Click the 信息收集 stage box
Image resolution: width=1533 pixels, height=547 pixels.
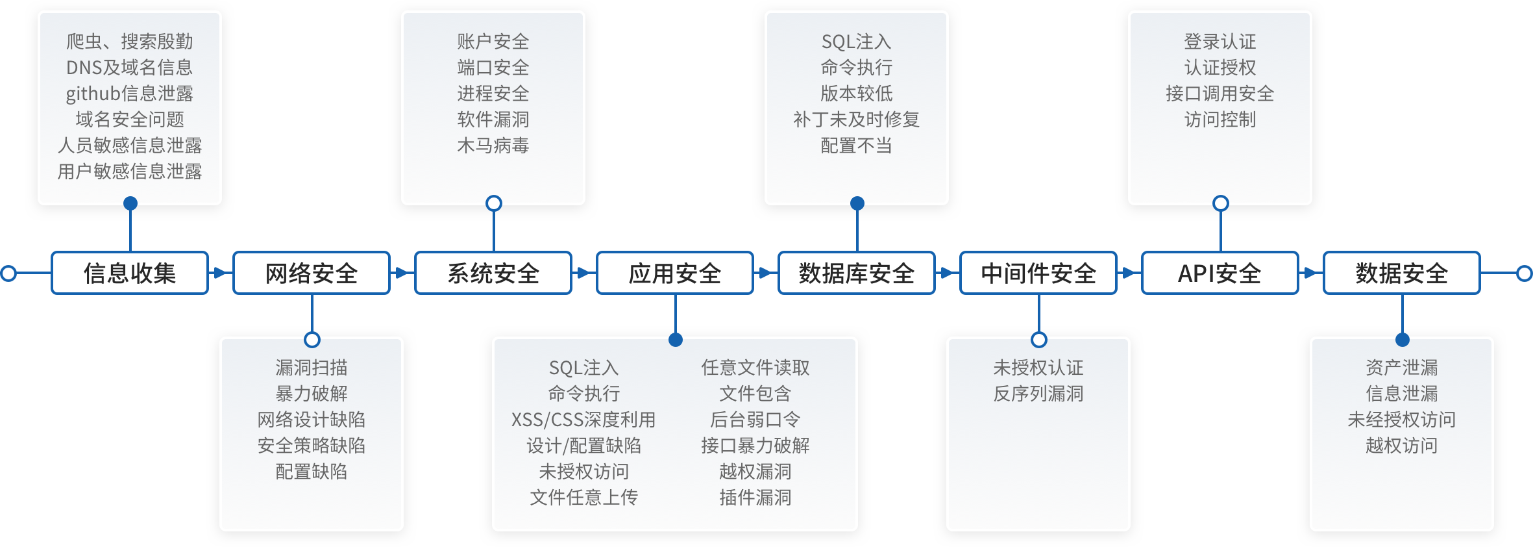[130, 273]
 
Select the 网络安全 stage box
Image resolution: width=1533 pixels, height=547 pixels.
[312, 273]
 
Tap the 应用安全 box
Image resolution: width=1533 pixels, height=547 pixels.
[675, 273]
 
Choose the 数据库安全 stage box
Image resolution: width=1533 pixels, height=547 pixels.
[857, 273]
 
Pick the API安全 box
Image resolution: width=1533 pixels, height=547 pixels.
[1220, 273]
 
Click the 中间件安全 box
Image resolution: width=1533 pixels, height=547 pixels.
[1038, 273]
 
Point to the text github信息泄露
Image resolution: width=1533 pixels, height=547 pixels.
[130, 94]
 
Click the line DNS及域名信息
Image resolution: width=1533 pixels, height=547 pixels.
[130, 68]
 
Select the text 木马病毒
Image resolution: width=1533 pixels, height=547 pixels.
[493, 146]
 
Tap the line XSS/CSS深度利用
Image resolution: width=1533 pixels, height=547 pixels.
[583, 420]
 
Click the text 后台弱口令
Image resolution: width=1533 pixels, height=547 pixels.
[755, 420]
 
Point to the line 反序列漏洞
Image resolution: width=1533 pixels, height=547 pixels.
[1038, 394]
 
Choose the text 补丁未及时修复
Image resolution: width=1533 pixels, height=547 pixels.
[857, 120]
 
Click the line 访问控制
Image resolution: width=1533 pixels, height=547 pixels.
[1220, 120]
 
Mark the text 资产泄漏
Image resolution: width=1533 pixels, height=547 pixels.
[1402, 368]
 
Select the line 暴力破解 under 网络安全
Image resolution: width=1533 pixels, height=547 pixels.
[312, 394]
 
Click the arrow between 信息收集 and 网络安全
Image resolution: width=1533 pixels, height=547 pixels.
[221, 273]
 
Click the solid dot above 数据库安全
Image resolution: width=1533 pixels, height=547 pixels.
[857, 203]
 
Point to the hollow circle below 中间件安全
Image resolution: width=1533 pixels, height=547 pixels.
[1039, 340]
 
